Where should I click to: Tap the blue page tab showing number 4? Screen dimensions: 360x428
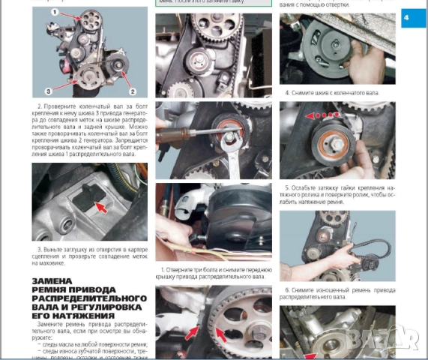(x=413, y=17)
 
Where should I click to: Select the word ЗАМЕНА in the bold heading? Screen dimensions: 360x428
(x=53, y=283)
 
